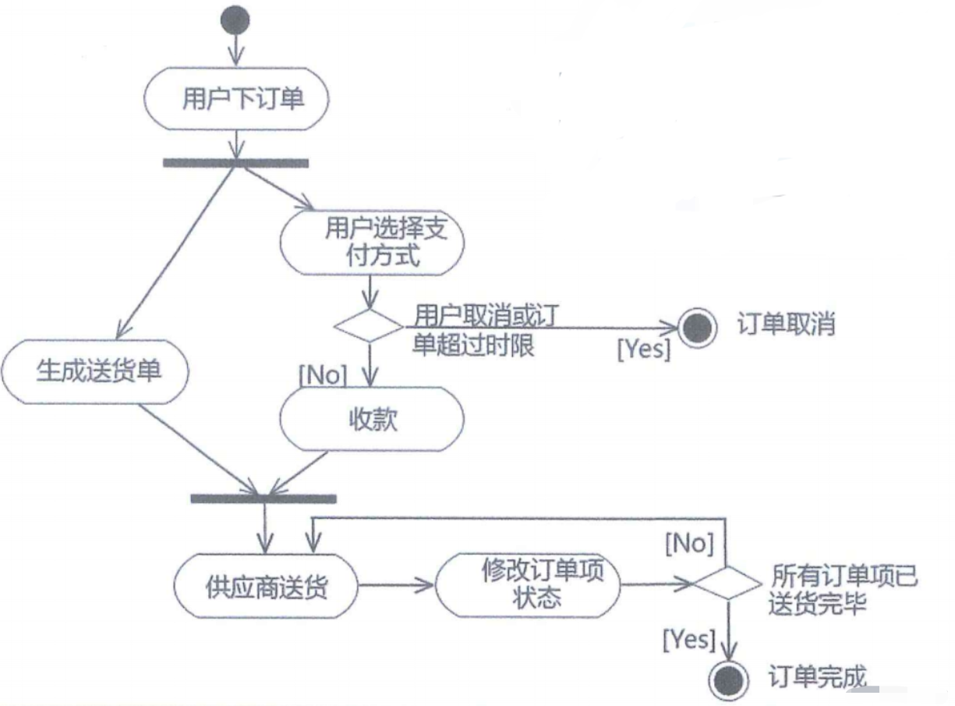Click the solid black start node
coord(235,21)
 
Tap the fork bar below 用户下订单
coord(235,163)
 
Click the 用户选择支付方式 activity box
coord(372,243)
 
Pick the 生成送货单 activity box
coord(95,371)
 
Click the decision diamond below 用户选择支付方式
coord(367,325)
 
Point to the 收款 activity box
coord(372,420)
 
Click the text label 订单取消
coord(786,325)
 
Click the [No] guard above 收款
coord(323,375)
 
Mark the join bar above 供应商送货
coord(264,498)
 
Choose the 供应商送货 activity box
coord(267,586)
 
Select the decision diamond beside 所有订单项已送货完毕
coord(727,582)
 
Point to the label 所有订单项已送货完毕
coord(842,590)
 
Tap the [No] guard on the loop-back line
coord(689,544)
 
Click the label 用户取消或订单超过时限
coord(484,330)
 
